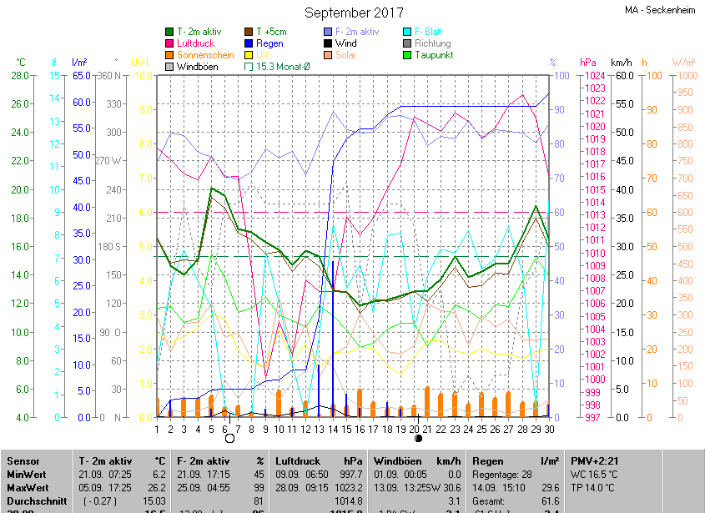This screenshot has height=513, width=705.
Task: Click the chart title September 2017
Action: pyautogui.click(x=354, y=13)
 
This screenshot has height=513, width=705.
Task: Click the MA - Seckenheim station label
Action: pyautogui.click(x=662, y=10)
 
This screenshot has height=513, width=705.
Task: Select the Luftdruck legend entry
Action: pyautogui.click(x=195, y=43)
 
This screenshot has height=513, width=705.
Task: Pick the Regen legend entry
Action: pyautogui.click(x=269, y=43)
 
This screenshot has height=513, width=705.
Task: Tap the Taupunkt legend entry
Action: pyautogui.click(x=434, y=55)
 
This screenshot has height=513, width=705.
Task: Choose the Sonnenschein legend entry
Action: pyautogui.click(x=204, y=55)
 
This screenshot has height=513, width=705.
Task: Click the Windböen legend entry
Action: pyautogui.click(x=198, y=67)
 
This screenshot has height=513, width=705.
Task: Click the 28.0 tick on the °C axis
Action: pyautogui.click(x=18, y=76)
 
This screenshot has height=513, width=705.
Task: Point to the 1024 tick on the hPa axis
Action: pyautogui.click(x=593, y=76)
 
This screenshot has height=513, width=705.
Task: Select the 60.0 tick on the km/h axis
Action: pyautogui.click(x=622, y=76)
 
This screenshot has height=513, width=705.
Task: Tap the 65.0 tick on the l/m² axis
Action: pyautogui.click(x=81, y=76)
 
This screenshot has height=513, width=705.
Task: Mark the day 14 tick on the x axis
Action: pyautogui.click(x=333, y=429)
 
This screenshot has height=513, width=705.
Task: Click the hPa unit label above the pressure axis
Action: pyautogui.click(x=588, y=63)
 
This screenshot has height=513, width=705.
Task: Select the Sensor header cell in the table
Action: pyautogui.click(x=23, y=460)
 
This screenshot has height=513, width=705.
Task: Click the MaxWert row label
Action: pyautogui.click(x=28, y=487)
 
